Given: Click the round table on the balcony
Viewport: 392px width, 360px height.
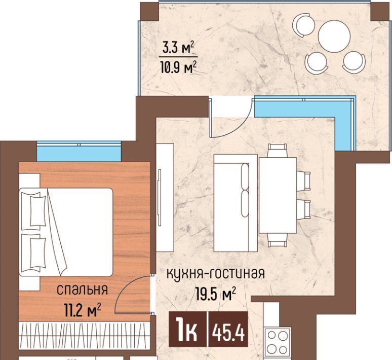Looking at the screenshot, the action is click(x=334, y=36).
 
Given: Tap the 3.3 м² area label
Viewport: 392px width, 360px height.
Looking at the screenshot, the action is click(x=178, y=47).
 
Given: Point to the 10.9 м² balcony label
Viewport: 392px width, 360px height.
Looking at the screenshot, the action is click(x=178, y=67).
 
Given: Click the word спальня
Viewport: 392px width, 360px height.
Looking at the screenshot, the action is click(x=82, y=290).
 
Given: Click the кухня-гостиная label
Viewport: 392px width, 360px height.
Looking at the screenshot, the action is click(x=216, y=273).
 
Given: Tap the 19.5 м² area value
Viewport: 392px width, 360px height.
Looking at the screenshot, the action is click(x=216, y=294).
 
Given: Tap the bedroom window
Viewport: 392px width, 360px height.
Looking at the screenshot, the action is click(x=79, y=152).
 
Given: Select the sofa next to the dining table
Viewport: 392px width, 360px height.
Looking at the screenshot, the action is click(x=236, y=203).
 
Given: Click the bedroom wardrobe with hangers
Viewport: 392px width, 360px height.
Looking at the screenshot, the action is click(x=85, y=335).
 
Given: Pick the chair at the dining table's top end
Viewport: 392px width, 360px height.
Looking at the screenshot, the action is click(x=277, y=150).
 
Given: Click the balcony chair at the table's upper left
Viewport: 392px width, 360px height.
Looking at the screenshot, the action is click(x=302, y=24).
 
